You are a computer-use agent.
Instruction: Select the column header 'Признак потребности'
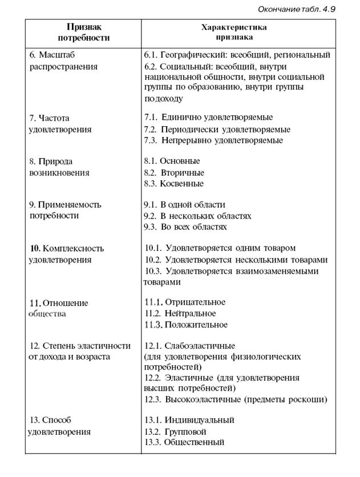(x=83, y=33)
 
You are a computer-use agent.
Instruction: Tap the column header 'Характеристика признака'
(x=234, y=32)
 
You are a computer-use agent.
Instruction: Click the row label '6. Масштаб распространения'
(x=63, y=60)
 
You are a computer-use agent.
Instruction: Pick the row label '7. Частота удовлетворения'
(x=59, y=124)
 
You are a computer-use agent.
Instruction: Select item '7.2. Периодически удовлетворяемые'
(x=217, y=130)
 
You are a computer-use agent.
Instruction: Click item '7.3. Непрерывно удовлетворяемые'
(x=213, y=140)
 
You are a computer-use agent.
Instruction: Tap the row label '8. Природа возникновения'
(x=59, y=167)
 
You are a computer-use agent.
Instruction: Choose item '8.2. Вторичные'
(x=174, y=172)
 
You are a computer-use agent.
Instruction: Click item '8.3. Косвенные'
(x=173, y=184)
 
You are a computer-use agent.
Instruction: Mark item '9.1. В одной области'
(x=184, y=204)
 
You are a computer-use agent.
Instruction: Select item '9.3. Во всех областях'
(x=185, y=227)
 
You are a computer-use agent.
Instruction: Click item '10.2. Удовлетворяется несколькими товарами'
(x=236, y=260)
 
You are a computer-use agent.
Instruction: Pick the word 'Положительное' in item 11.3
(x=196, y=325)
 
